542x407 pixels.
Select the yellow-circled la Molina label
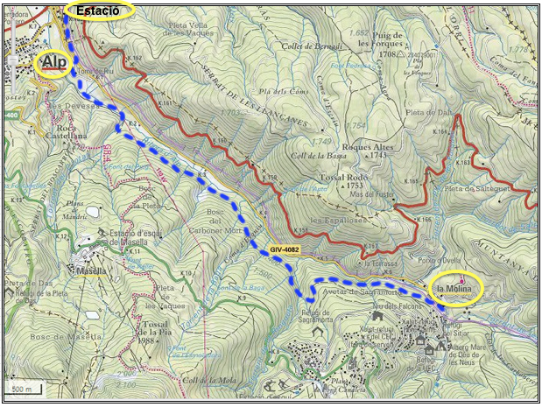click(456, 288)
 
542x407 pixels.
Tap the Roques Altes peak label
click(366, 151)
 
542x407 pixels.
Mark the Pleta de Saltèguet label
click(479, 188)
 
